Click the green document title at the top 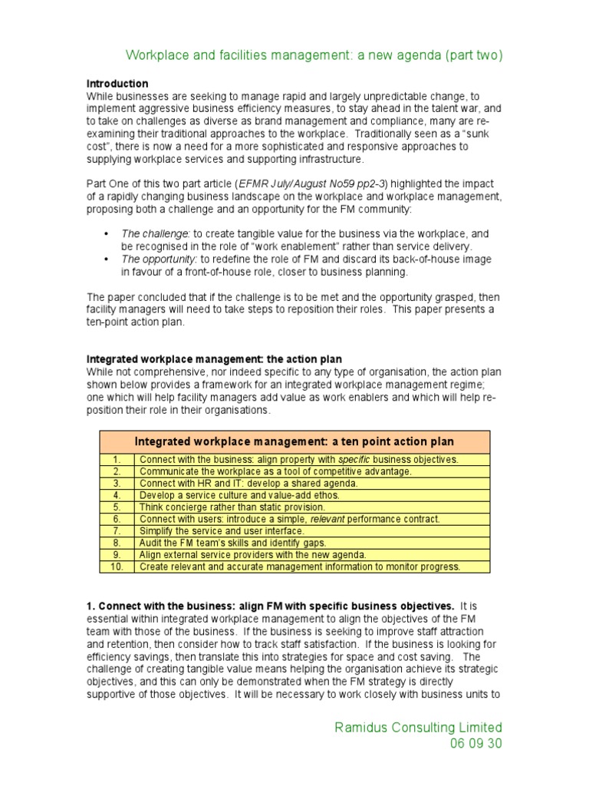tap(314, 55)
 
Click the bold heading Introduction tap(117, 83)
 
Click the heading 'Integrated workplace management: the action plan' tap(214, 359)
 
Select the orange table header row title tap(294, 441)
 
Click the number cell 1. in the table tap(117, 459)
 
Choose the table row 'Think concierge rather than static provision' tap(232, 507)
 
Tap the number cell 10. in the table tap(117, 567)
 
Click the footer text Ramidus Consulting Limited tap(419, 727)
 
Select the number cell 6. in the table tap(117, 519)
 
